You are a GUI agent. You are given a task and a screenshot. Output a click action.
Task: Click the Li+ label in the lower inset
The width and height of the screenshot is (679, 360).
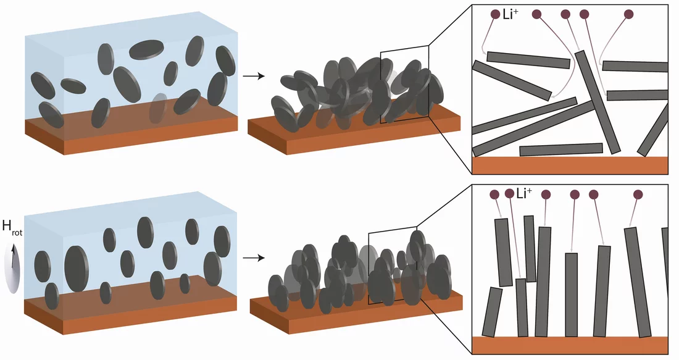pyautogui.click(x=525, y=193)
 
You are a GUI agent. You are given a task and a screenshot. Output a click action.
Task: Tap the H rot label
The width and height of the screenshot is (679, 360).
pyautogui.click(x=12, y=227)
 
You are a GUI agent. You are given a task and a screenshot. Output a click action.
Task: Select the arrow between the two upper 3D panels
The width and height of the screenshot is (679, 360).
pyautogui.click(x=253, y=77)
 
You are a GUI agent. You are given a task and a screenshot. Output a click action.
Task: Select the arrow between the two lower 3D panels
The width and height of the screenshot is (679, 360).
pyautogui.click(x=253, y=258)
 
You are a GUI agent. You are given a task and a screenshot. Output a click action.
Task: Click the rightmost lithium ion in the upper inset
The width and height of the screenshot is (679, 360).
pyautogui.click(x=629, y=14)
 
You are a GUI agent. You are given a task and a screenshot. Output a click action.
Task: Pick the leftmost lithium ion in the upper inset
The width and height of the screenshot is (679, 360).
pyautogui.click(x=496, y=14)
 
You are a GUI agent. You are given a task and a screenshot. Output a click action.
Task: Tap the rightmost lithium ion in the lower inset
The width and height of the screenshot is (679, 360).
pyautogui.click(x=638, y=195)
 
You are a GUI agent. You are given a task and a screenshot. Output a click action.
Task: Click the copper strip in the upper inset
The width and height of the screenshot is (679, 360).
pyautogui.click(x=570, y=165)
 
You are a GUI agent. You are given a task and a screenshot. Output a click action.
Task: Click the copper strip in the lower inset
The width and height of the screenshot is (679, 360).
pyautogui.click(x=570, y=345)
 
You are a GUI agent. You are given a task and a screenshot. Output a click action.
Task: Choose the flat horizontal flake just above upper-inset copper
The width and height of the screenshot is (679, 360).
pyautogui.click(x=561, y=149)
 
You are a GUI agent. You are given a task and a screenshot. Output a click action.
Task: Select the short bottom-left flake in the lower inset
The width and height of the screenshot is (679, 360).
pyautogui.click(x=492, y=312)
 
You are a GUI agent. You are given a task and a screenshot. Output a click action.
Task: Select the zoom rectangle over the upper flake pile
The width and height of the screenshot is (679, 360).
pyautogui.click(x=404, y=85)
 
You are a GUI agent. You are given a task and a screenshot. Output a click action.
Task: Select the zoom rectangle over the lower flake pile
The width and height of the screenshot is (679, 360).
pyautogui.click(x=393, y=265)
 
